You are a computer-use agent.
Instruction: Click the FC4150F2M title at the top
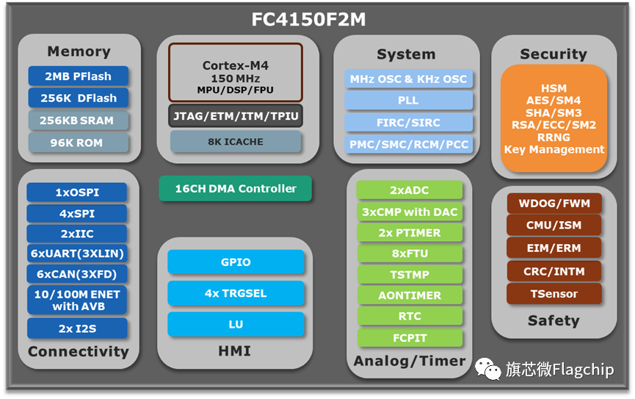pyautogui.click(x=308, y=19)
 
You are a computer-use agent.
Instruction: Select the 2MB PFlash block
pyautogui.click(x=78, y=76)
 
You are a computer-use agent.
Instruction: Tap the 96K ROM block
pyautogui.click(x=78, y=143)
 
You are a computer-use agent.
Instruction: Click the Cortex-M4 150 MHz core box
pyautogui.click(x=236, y=73)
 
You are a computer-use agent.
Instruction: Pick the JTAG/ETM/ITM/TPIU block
pyautogui.click(x=236, y=116)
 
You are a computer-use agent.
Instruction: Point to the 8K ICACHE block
pyautogui.click(x=236, y=142)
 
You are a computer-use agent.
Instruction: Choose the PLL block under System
pyautogui.click(x=408, y=100)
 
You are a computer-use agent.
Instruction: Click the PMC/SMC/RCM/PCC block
pyautogui.click(x=408, y=144)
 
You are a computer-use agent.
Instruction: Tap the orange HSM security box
pyautogui.click(x=554, y=118)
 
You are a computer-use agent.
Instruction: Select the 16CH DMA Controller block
pyautogui.click(x=236, y=189)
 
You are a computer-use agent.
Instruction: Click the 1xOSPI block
pyautogui.click(x=77, y=193)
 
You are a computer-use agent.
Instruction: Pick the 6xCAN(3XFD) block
pyautogui.click(x=77, y=274)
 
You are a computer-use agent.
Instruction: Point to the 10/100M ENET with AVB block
pyautogui.click(x=77, y=300)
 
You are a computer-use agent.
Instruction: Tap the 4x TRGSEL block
pyautogui.click(x=236, y=293)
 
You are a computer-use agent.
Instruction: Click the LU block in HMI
pyautogui.click(x=236, y=324)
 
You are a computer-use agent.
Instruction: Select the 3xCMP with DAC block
pyautogui.click(x=410, y=212)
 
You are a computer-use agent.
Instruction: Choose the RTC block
pyautogui.click(x=410, y=316)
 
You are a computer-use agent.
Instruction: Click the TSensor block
pyautogui.click(x=554, y=294)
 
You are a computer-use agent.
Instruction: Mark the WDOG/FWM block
pyautogui.click(x=554, y=203)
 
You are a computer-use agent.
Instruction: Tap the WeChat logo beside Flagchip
pyautogui.click(x=487, y=369)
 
